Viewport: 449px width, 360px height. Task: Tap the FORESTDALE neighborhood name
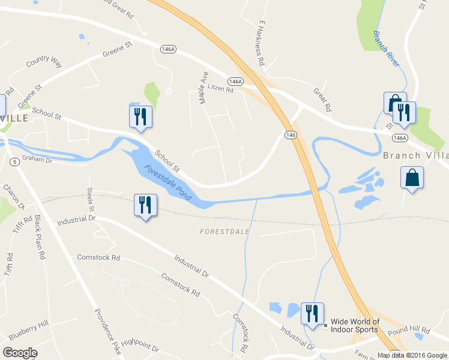224,231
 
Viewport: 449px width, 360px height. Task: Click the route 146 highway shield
291,135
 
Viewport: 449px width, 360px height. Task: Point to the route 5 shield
13,161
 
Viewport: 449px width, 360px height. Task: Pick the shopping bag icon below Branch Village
412,178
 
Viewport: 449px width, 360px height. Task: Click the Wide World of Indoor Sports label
355,326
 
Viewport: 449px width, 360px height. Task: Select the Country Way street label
44,62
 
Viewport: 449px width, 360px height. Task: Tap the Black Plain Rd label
41,237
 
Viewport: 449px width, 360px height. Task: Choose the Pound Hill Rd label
409,330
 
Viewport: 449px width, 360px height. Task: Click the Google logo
20,353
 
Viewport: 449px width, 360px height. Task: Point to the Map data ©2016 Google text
412,355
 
